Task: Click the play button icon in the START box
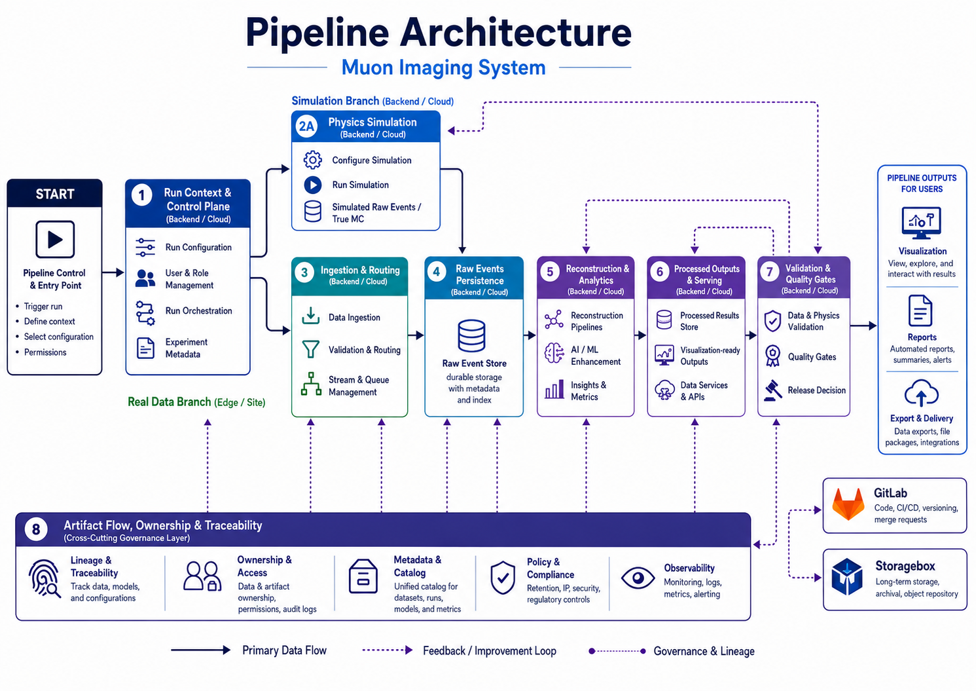tap(55, 239)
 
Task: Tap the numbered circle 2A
tap(307, 126)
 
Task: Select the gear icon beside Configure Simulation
tap(312, 160)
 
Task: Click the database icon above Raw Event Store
tap(471, 336)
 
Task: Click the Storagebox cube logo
tap(847, 576)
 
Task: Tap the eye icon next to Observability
tap(638, 578)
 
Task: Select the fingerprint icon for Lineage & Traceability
tap(45, 579)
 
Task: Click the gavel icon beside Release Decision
tap(772, 390)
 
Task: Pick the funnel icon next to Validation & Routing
tap(311, 349)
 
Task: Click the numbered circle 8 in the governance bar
tap(36, 530)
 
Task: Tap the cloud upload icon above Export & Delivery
tap(922, 393)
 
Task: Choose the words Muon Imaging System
tap(444, 67)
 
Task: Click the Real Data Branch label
tap(196, 402)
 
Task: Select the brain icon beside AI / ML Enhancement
tap(554, 353)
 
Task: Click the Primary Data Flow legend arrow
tap(200, 650)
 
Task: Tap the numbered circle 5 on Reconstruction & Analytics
tap(550, 272)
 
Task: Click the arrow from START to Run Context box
tap(113, 273)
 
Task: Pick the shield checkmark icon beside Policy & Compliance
tap(503, 578)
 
